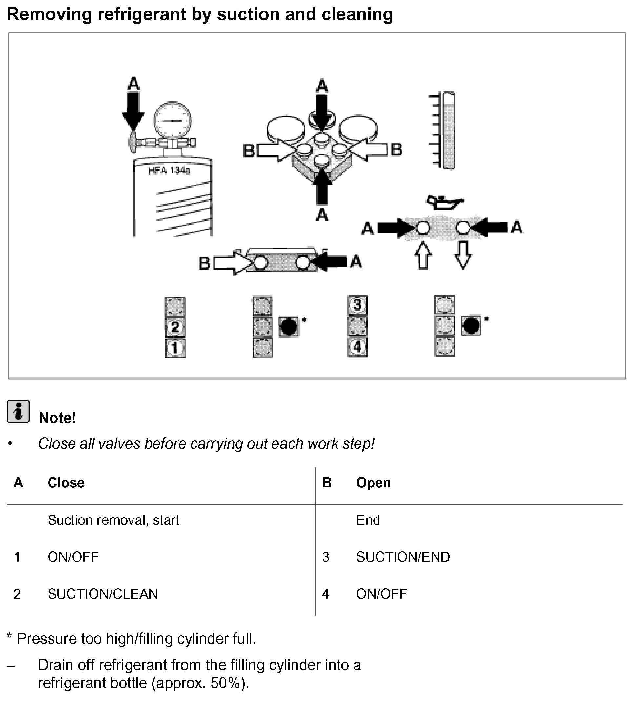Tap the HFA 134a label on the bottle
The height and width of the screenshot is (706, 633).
pyautogui.click(x=169, y=171)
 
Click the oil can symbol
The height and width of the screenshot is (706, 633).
pyautogui.click(x=444, y=203)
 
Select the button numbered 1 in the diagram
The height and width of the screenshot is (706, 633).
pyautogui.click(x=175, y=348)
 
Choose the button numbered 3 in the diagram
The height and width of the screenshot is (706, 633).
pyautogui.click(x=357, y=305)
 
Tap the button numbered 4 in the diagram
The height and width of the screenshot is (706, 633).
pyautogui.click(x=357, y=347)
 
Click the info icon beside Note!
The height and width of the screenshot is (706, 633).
pyautogui.click(x=18, y=411)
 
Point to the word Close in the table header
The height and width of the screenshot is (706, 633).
pyautogui.click(x=66, y=483)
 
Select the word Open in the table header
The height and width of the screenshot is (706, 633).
pyautogui.click(x=374, y=483)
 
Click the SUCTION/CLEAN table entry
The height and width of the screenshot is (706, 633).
pyautogui.click(x=103, y=594)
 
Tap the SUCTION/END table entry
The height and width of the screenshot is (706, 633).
pyautogui.click(x=403, y=557)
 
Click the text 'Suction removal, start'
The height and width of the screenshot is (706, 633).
pyautogui.click(x=113, y=520)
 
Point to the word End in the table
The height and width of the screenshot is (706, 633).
pyautogui.click(x=368, y=520)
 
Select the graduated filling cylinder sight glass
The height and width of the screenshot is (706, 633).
pyautogui.click(x=449, y=131)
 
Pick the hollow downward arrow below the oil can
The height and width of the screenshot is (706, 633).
pyautogui.click(x=463, y=255)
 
